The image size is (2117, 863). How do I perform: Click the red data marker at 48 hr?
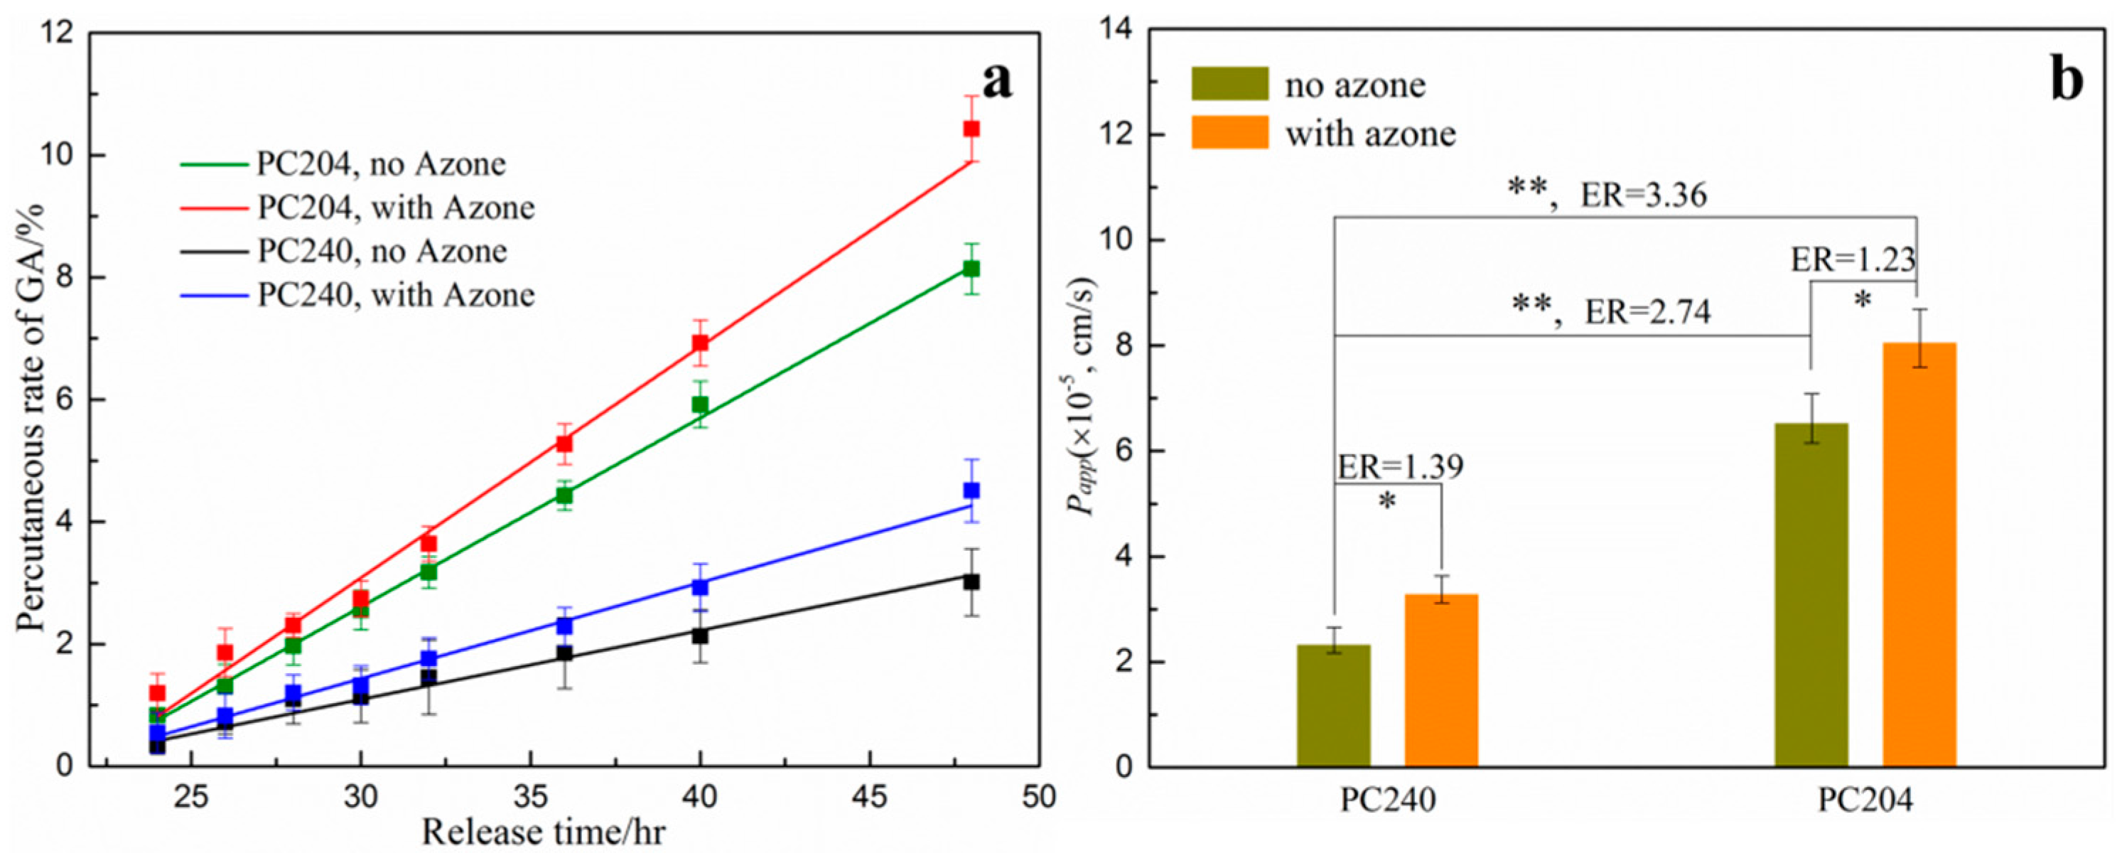[x=971, y=129]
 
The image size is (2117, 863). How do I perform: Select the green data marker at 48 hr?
[x=971, y=269]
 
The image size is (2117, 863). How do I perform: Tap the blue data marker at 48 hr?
[x=971, y=491]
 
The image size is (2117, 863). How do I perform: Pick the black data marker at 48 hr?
[x=971, y=582]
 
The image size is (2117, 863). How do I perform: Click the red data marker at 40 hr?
[x=700, y=343]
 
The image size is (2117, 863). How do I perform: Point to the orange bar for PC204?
[x=1919, y=554]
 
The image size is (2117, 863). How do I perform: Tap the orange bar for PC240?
[x=1441, y=680]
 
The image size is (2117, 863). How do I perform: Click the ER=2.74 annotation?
[x=1648, y=312]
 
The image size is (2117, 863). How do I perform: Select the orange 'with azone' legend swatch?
[x=1229, y=132]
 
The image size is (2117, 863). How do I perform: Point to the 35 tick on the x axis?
[x=530, y=796]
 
